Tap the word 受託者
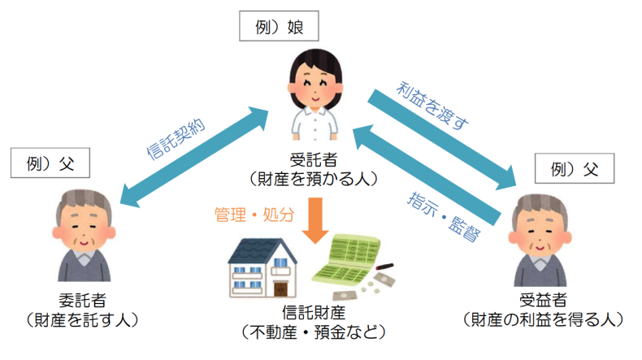tap(314, 158)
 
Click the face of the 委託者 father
tap(79, 232)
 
